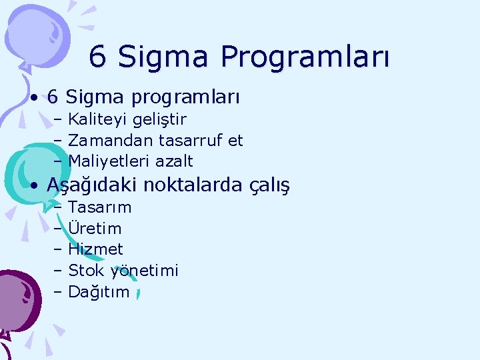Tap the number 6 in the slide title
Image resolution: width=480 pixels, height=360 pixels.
pyautogui.click(x=98, y=57)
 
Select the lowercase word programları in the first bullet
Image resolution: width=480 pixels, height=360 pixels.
pyautogui.click(x=185, y=98)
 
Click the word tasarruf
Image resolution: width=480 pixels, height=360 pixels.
pyautogui.click(x=191, y=141)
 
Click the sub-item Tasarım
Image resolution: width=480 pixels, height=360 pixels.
pyautogui.click(x=100, y=207)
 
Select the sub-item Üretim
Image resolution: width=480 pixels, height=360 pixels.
pyautogui.click(x=95, y=228)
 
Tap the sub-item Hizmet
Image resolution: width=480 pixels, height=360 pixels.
pyautogui.click(x=96, y=249)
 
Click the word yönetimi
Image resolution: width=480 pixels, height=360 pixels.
pyautogui.click(x=145, y=271)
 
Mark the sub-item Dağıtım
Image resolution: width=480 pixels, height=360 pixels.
pyautogui.click(x=99, y=292)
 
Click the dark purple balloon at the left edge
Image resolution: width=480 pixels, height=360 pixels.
pyautogui.click(x=15, y=293)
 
